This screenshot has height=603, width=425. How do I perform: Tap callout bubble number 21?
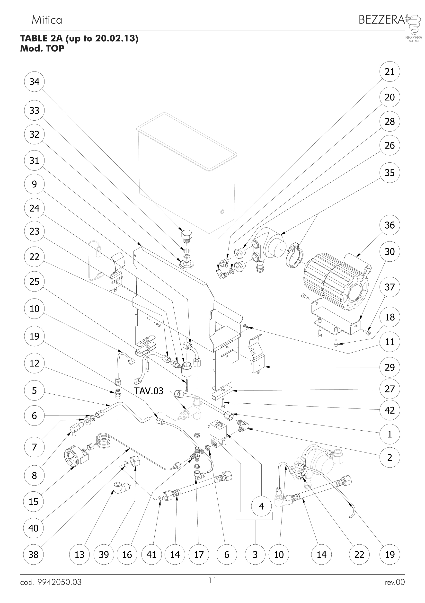390,72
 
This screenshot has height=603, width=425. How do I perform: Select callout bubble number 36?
390,225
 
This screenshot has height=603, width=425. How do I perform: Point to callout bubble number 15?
34,502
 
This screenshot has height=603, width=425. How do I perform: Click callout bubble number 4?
261,506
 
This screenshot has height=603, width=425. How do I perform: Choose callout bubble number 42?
390,410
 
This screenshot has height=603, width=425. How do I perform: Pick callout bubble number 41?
151,555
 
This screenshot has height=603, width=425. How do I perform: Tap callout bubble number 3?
255,555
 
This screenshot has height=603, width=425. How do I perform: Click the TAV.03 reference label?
149,391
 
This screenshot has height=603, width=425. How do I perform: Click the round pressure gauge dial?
72,457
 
